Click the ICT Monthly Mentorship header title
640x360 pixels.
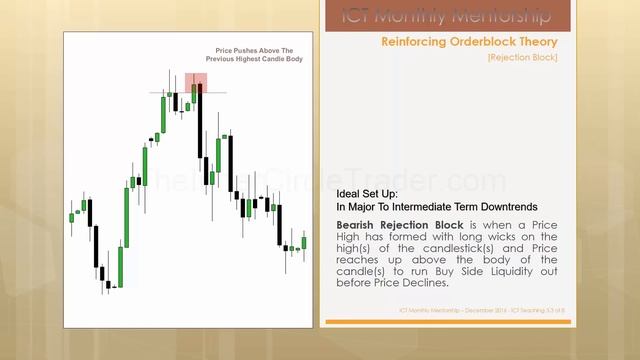pos(445,16)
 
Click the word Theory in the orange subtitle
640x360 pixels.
pos(535,42)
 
